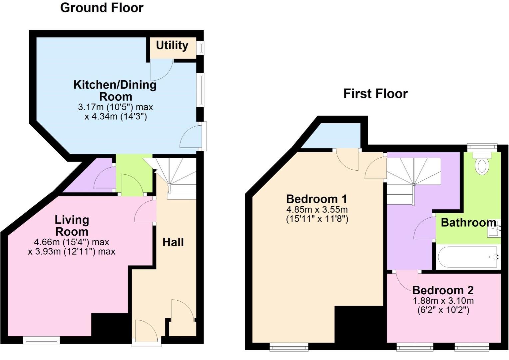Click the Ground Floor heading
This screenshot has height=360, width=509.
point(102,8)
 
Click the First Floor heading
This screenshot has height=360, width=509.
point(375,94)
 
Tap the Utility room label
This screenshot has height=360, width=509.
point(172,45)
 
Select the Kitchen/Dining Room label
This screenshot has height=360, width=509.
point(115,90)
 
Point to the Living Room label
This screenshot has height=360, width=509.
point(72,226)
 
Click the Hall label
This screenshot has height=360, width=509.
point(173,242)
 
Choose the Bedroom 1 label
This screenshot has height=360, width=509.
point(316,199)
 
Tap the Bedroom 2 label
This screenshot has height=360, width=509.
point(443,290)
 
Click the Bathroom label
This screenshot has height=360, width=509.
point(468,222)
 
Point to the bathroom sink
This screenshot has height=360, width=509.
point(494,228)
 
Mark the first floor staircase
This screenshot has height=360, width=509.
point(413,180)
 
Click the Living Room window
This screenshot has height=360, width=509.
point(42,340)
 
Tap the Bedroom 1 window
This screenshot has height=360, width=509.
point(289,347)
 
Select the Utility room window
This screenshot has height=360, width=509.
point(201,48)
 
